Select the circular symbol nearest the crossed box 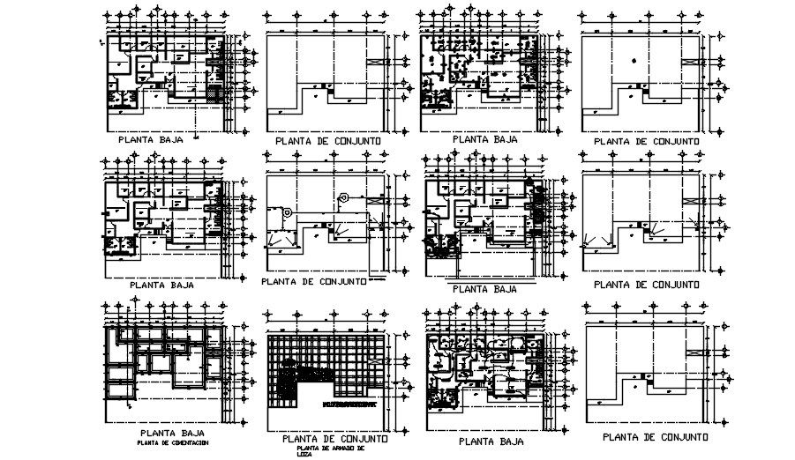pyautogui.click(x=345, y=197)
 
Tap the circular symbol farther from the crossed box pyautogui.click(x=288, y=211)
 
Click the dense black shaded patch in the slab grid pyautogui.click(x=290, y=380)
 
